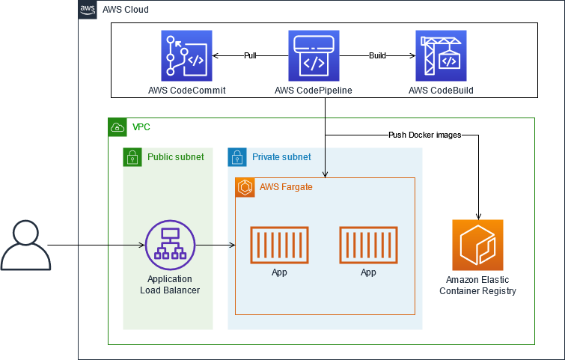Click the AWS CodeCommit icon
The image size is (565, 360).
click(x=186, y=55)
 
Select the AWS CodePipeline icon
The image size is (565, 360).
click(x=314, y=55)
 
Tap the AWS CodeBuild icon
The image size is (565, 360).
click(x=441, y=55)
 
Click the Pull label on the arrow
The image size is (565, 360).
click(x=250, y=55)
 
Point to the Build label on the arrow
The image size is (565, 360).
click(x=377, y=55)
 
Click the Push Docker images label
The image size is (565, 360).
click(x=424, y=135)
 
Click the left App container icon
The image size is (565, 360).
click(x=279, y=245)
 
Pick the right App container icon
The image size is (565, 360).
click(x=368, y=245)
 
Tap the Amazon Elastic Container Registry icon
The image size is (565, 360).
click(x=477, y=245)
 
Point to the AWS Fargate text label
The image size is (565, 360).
click(x=286, y=186)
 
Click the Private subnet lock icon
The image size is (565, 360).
click(x=237, y=157)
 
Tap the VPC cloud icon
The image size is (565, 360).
click(x=117, y=127)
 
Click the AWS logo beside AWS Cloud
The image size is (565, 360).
click(x=88, y=10)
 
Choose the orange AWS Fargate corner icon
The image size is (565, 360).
click(x=245, y=186)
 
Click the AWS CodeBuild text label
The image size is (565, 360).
click(x=441, y=91)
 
